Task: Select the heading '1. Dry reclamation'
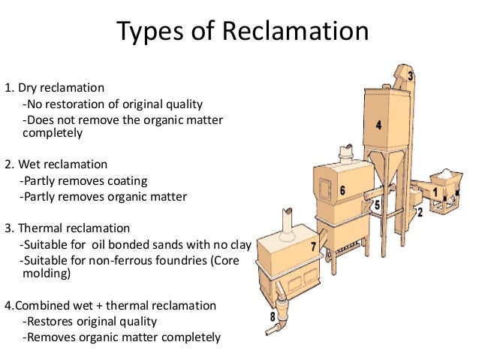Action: [x=55, y=88]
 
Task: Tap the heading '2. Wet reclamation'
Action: [x=56, y=164]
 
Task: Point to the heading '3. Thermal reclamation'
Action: [x=68, y=228]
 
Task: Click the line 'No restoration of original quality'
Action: [x=113, y=104]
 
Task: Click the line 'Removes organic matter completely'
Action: [x=122, y=337]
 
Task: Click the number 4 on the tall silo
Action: [x=378, y=126]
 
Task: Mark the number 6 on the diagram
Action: [x=342, y=191]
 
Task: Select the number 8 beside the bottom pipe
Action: [x=273, y=316]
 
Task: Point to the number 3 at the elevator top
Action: [x=411, y=75]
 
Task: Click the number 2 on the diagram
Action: [x=419, y=213]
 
